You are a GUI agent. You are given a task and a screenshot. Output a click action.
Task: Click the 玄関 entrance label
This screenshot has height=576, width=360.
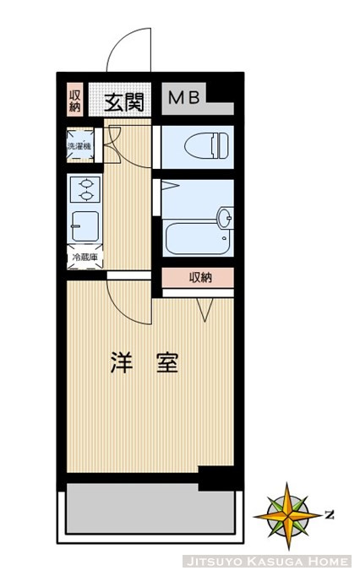pyautogui.click(x=123, y=102)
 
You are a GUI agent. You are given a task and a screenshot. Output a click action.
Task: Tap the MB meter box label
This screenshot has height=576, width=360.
pyautogui.click(x=183, y=98)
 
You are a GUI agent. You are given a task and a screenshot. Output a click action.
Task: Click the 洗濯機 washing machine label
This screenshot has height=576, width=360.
pyautogui.click(x=80, y=146)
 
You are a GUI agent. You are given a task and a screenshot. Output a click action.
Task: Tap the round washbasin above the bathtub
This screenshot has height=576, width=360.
pyautogui.click(x=225, y=218)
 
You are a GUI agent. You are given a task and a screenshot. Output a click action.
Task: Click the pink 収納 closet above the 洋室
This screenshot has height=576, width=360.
pyautogui.click(x=199, y=277)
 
